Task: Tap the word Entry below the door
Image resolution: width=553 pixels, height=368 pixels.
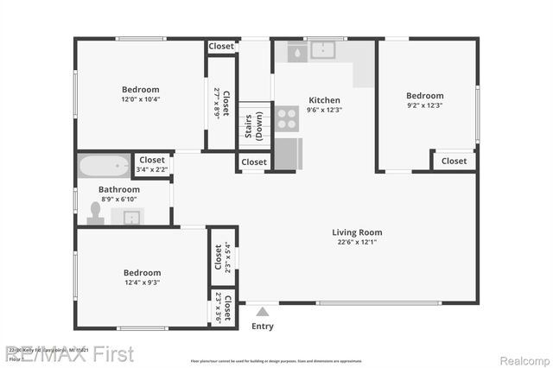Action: point(262,327)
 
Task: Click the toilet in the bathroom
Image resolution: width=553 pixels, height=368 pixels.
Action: point(95,213)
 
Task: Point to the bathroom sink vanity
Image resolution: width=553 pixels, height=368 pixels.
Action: point(129,216)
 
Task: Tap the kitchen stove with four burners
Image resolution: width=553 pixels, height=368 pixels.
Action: point(287,118)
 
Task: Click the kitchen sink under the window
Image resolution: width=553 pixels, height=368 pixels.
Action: point(322,51)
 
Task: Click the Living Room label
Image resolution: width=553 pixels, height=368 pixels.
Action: point(357,232)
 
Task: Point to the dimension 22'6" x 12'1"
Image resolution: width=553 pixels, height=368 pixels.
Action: point(357,242)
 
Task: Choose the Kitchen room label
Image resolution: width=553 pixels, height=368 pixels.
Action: point(324,100)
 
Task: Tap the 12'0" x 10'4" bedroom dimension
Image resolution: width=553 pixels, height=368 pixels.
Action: point(140,99)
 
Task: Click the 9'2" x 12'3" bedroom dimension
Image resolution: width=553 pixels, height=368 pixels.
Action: point(424,105)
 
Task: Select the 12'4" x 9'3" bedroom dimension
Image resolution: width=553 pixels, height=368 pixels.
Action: point(142,282)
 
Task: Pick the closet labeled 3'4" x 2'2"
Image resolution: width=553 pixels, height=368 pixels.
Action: point(152,169)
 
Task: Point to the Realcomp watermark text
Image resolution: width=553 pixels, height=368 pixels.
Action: point(522,354)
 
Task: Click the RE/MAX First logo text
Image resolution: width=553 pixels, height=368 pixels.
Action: point(71,354)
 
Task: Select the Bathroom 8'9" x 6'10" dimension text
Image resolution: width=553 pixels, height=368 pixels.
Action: point(118,200)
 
